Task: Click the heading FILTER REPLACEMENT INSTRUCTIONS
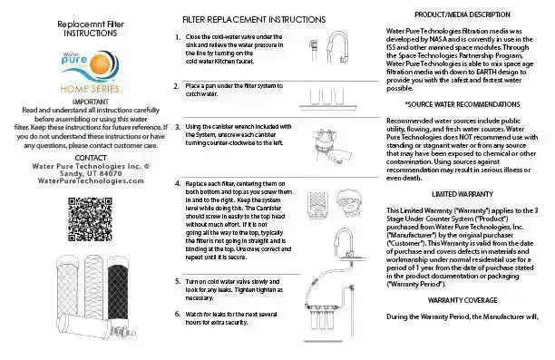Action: pos(254,18)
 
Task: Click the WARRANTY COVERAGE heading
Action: pos(460,297)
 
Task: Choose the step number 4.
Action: pos(178,182)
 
